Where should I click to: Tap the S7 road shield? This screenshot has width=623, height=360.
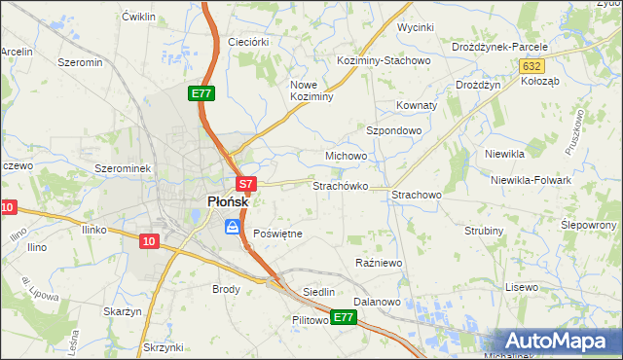(x=245, y=183)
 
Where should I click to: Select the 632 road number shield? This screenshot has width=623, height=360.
(x=531, y=65)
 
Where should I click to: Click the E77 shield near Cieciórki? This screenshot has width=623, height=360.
(x=201, y=93)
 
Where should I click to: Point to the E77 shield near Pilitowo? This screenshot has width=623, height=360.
(x=343, y=317)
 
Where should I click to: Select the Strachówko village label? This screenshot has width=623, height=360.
(x=340, y=185)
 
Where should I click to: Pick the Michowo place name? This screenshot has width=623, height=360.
(x=346, y=156)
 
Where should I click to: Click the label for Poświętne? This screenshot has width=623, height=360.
(x=277, y=234)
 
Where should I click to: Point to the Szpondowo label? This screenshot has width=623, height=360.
(x=393, y=130)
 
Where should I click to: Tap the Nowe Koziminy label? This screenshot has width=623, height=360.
(x=312, y=90)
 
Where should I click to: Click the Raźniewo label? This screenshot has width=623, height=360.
(x=380, y=263)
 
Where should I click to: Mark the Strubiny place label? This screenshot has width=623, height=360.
(x=484, y=231)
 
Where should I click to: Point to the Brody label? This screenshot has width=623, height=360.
(x=226, y=289)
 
